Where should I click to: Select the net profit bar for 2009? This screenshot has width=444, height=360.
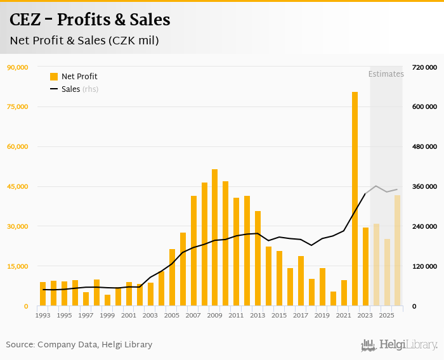pos(215,238)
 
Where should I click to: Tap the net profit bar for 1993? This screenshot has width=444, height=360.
pos(43,294)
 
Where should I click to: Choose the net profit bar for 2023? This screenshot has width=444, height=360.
pos(365,267)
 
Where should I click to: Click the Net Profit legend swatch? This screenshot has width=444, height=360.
pos(54,77)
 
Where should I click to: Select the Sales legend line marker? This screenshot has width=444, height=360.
pos(54,89)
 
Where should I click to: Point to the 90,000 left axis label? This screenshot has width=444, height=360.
pos(17,67)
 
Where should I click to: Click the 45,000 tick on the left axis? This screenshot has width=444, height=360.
pos(17,186)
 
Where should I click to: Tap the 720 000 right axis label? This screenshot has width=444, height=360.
pos(424,67)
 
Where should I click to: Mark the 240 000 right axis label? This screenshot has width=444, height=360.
pos(424,226)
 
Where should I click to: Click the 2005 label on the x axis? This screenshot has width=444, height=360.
pos(171,315)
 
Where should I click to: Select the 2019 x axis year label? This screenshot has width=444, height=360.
pos(322,315)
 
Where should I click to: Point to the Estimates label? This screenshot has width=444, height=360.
pos(386,74)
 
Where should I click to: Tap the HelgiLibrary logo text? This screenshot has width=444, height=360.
pos(408,345)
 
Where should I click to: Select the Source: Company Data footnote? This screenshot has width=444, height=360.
pos(79,345)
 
